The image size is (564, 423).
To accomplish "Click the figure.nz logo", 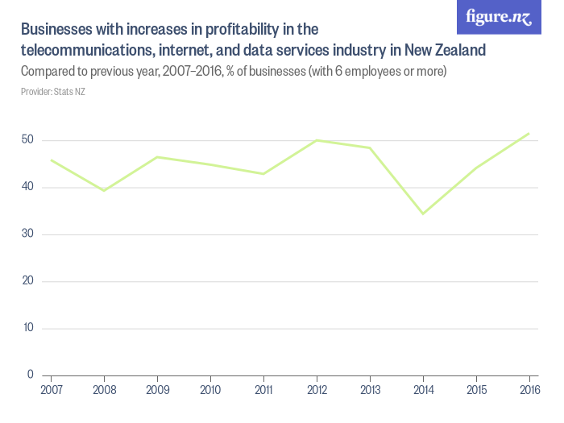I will (x=500, y=18).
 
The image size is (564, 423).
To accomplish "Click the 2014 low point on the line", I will (x=422, y=214).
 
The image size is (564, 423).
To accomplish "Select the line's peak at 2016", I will (x=529, y=133).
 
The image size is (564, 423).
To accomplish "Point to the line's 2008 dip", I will (x=103, y=190).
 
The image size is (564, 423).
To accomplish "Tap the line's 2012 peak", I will (x=317, y=140).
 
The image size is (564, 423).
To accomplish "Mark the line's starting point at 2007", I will (x=51, y=160).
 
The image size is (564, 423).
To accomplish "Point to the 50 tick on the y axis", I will (x=27, y=140).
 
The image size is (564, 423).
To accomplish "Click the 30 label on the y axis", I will (x=27, y=234).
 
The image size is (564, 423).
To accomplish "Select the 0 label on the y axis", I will (x=30, y=375).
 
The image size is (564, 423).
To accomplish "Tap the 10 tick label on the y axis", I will (x=27, y=328).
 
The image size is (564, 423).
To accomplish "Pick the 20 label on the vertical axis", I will (x=27, y=281).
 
